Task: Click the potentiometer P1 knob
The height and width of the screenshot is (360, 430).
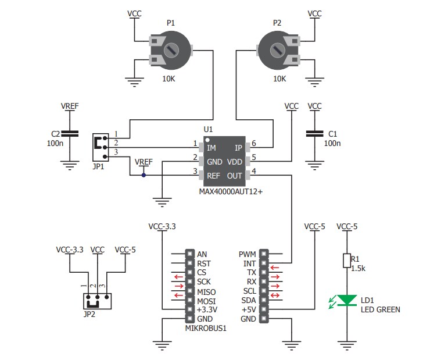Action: (172, 51)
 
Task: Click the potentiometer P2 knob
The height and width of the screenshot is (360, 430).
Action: (279, 51)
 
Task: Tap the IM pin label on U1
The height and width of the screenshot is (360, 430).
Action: (212, 148)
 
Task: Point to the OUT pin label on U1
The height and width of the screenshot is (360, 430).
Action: (235, 176)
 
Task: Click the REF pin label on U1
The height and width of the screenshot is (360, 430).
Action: (213, 176)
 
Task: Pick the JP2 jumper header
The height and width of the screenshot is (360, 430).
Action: (96, 301)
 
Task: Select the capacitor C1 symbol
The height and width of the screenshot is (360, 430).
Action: (314, 134)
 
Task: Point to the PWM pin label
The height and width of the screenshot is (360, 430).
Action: (246, 254)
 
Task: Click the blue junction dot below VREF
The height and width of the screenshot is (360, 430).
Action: (144, 175)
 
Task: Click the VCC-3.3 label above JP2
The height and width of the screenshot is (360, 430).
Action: (69, 249)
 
